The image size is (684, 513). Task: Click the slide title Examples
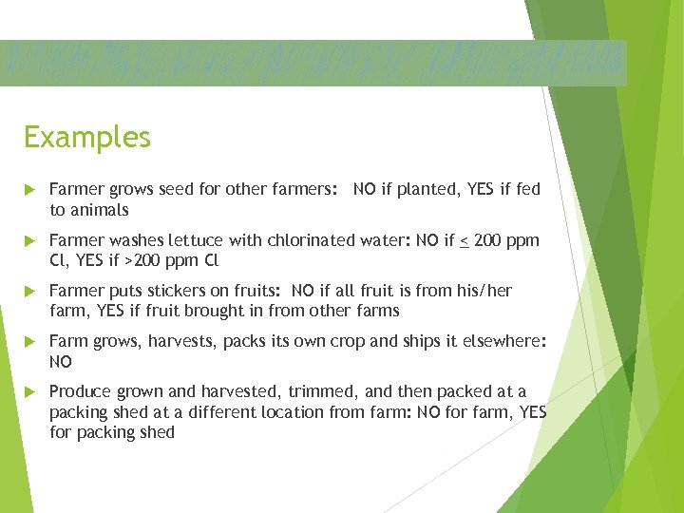[87, 138]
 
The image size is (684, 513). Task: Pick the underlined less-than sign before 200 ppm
[464, 241]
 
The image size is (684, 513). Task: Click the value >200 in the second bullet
[151, 261]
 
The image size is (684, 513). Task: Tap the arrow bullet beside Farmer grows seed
[30, 190]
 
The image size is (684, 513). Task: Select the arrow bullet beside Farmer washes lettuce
[30, 241]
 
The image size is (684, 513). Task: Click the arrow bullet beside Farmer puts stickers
[30, 292]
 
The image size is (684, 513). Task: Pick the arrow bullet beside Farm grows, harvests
[30, 342]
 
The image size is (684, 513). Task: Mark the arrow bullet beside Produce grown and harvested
[30, 392]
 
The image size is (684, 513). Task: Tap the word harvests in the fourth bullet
[182, 342]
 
